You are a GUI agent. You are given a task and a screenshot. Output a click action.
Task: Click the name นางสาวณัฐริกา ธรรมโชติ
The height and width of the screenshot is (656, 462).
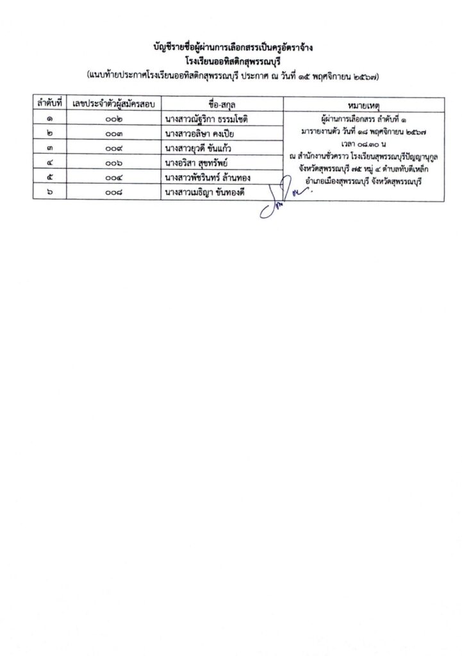pyautogui.click(x=206, y=119)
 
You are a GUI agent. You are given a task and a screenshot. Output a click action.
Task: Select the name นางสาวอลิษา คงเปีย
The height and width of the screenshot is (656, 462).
pyautogui.click(x=199, y=133)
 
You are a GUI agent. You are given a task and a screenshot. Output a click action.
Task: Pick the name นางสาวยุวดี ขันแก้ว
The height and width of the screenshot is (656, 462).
pyautogui.click(x=198, y=148)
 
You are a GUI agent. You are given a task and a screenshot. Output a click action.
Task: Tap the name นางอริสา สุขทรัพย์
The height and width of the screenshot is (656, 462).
pyautogui.click(x=196, y=163)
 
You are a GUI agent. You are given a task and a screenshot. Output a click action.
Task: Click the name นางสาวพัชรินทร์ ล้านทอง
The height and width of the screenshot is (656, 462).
pyautogui.click(x=209, y=177)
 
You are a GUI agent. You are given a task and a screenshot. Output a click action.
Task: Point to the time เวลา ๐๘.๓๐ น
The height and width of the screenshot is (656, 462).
pyautogui.click(x=362, y=145)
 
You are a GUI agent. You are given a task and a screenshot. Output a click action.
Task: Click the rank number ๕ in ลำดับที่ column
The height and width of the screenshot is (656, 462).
pyautogui.click(x=49, y=177)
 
